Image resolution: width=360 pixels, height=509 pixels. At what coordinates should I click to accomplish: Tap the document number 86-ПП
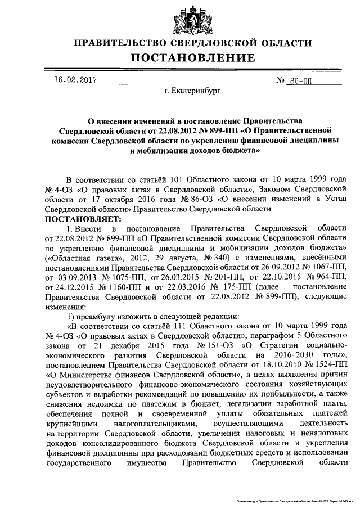(x=300, y=80)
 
